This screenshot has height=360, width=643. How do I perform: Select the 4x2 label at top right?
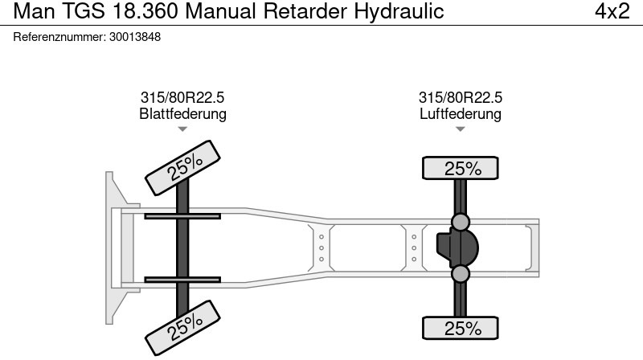(612, 12)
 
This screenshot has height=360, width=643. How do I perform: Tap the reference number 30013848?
(134, 37)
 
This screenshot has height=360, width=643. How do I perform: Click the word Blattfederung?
(182, 114)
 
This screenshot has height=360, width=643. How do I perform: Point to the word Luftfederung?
(461, 114)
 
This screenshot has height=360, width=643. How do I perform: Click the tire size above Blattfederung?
(182, 98)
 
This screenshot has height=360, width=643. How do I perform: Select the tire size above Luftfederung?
(461, 98)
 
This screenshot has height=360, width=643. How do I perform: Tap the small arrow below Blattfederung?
(182, 129)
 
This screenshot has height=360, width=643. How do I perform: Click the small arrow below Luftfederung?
(461, 129)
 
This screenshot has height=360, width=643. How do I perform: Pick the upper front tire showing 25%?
(184, 166)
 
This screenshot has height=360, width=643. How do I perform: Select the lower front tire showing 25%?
(184, 325)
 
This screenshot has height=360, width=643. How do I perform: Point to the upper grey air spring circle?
(461, 221)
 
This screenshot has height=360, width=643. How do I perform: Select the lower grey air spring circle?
(461, 274)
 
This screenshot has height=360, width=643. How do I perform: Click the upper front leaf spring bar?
(182, 216)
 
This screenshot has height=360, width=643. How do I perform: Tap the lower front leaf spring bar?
(182, 280)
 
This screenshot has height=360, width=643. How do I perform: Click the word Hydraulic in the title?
(399, 12)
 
